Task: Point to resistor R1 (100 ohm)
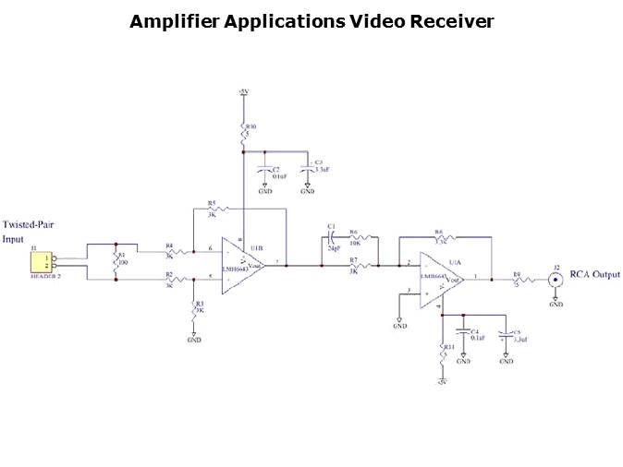pyautogui.click(x=116, y=262)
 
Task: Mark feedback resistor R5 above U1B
pyautogui.click(x=213, y=209)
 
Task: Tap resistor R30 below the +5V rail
pyautogui.click(x=243, y=137)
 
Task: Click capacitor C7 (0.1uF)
pyautogui.click(x=264, y=169)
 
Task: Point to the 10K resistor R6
pyautogui.click(x=356, y=238)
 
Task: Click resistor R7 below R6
pyautogui.click(x=356, y=266)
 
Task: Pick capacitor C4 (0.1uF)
pyautogui.click(x=462, y=335)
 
